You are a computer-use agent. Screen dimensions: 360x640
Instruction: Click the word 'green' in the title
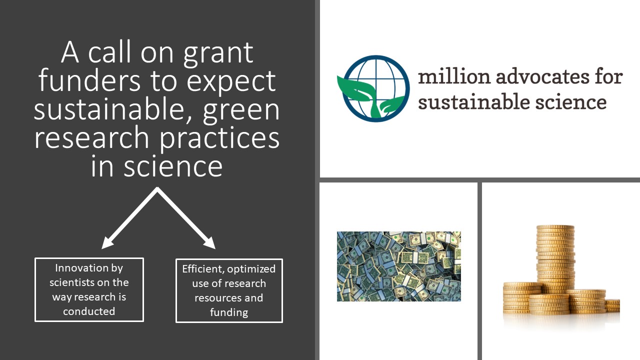tap(243, 109)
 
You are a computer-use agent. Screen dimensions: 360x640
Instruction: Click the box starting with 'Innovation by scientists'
tap(89, 289)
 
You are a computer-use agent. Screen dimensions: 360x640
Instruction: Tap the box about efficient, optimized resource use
tap(229, 290)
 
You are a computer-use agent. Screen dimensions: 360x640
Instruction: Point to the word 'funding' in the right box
tap(229, 312)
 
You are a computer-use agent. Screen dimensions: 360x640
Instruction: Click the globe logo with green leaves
tap(372, 88)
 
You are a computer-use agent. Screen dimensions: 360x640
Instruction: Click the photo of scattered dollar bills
tap(398, 266)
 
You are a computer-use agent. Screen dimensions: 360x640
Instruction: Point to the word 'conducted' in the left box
tap(89, 311)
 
